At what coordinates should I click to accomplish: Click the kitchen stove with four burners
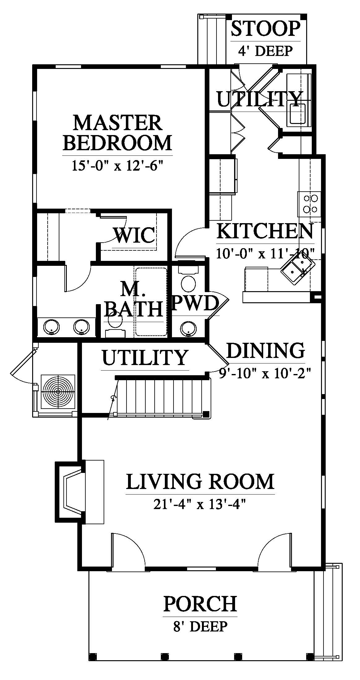(x=310, y=204)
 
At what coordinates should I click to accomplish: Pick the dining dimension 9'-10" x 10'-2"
(x=264, y=373)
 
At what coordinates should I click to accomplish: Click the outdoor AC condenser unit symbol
(x=58, y=392)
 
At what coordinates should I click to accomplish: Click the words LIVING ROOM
(x=200, y=482)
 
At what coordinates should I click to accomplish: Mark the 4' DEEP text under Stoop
(x=265, y=50)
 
